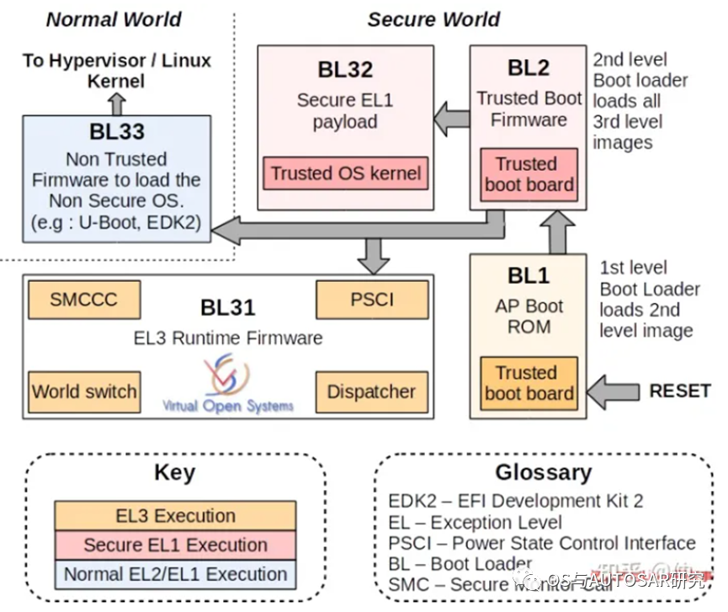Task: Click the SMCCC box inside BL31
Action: pyautogui.click(x=83, y=300)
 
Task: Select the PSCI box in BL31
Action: pyautogui.click(x=372, y=300)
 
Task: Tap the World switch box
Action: pyautogui.click(x=83, y=391)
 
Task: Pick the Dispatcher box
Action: pyautogui.click(x=371, y=391)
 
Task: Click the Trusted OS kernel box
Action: pyautogui.click(x=346, y=173)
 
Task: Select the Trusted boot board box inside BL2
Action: pyautogui.click(x=529, y=174)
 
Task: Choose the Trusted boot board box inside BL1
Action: pyautogui.click(x=529, y=383)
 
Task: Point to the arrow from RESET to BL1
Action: pyautogui.click(x=613, y=391)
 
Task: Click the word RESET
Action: pyautogui.click(x=681, y=391)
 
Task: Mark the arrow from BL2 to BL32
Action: pyautogui.click(x=452, y=119)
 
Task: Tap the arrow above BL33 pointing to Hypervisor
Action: pyautogui.click(x=117, y=103)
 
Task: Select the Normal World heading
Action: pyautogui.click(x=114, y=19)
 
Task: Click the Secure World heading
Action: pyautogui.click(x=433, y=19)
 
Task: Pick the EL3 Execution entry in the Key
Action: pyautogui.click(x=175, y=515)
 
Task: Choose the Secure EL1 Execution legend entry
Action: pyautogui.click(x=175, y=545)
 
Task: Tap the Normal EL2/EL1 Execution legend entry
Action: pyautogui.click(x=175, y=574)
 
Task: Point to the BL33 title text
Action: pyautogui.click(x=117, y=131)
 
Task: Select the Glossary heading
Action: pyautogui.click(x=543, y=472)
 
